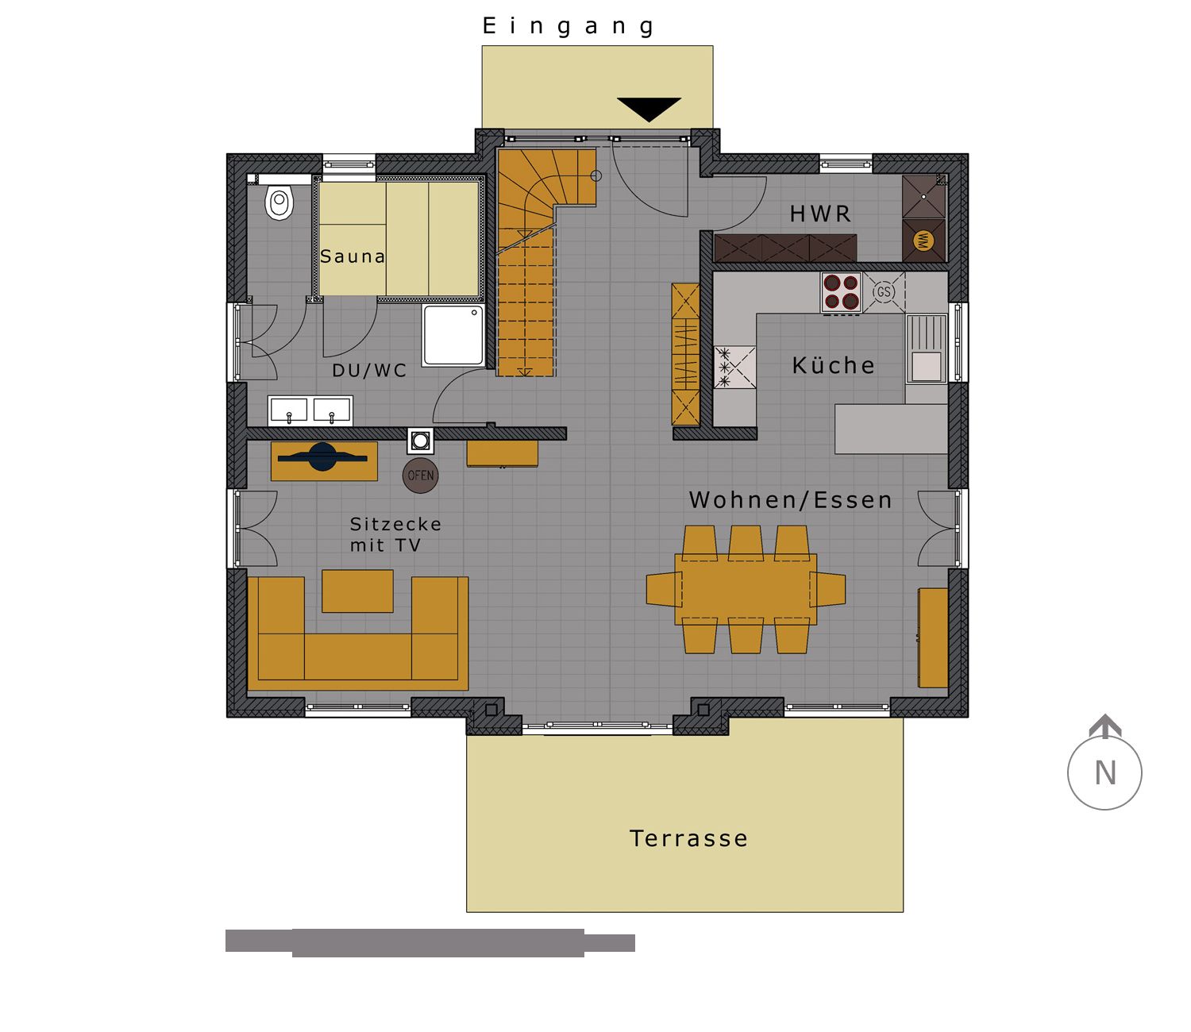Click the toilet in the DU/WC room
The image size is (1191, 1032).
point(279,202)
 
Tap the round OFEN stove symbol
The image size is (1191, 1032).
point(421,476)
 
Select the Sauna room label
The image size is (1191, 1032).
point(353,256)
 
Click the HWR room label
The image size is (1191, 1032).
point(820,214)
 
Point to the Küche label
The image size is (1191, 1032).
point(833,364)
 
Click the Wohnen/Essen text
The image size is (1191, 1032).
point(791,499)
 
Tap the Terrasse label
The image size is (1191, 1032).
point(688,838)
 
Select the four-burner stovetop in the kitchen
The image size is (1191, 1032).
point(842,291)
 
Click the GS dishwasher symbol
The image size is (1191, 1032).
point(884,291)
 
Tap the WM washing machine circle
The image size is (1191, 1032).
point(923,241)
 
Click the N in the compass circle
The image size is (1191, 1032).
point(1105,773)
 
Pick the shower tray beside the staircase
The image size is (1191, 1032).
point(453,335)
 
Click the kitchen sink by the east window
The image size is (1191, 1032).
point(927,348)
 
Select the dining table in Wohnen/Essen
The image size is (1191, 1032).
point(746,590)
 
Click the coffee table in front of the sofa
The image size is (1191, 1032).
point(357,591)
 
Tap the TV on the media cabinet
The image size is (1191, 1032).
point(322,457)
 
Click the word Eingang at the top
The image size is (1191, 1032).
point(569,26)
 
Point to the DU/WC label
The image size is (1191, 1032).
point(369,371)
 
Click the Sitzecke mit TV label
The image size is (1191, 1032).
point(396,535)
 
